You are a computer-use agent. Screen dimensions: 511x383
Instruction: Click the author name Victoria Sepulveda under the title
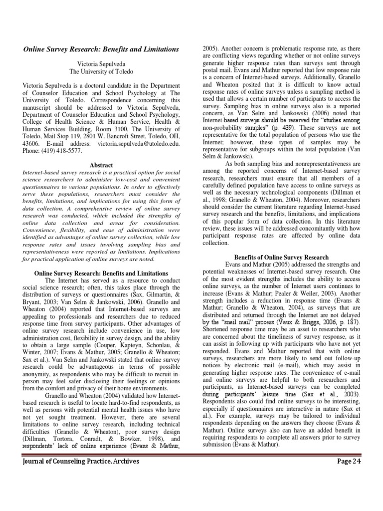tap(101, 64)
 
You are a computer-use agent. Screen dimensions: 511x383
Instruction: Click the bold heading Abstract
tap(101, 165)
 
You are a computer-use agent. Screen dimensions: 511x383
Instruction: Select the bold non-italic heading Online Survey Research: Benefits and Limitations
tap(101, 273)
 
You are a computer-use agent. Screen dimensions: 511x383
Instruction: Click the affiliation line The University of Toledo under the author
tap(101, 72)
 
